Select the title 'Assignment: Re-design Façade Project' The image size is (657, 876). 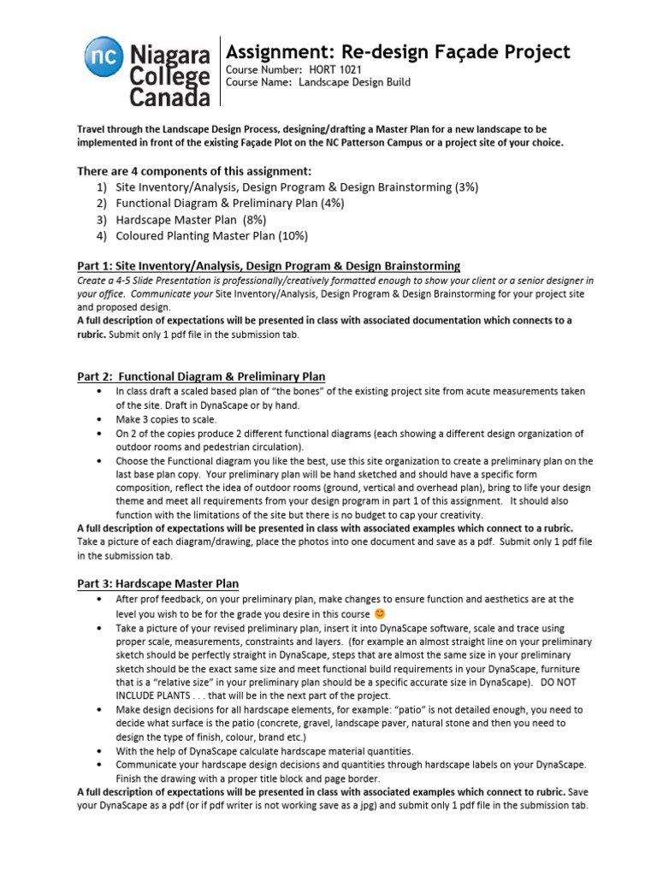click(397, 51)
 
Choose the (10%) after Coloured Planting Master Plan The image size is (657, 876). click(292, 235)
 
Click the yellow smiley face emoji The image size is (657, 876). click(380, 613)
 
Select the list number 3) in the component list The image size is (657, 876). click(102, 220)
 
